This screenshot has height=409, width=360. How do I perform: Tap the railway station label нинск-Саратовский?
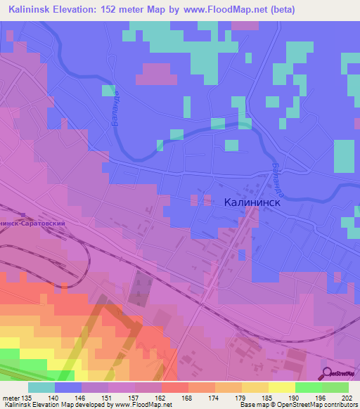(x=33, y=222)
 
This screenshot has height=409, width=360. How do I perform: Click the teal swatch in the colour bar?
(x=41, y=387)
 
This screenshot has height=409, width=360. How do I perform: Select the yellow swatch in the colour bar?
(x=281, y=387)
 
